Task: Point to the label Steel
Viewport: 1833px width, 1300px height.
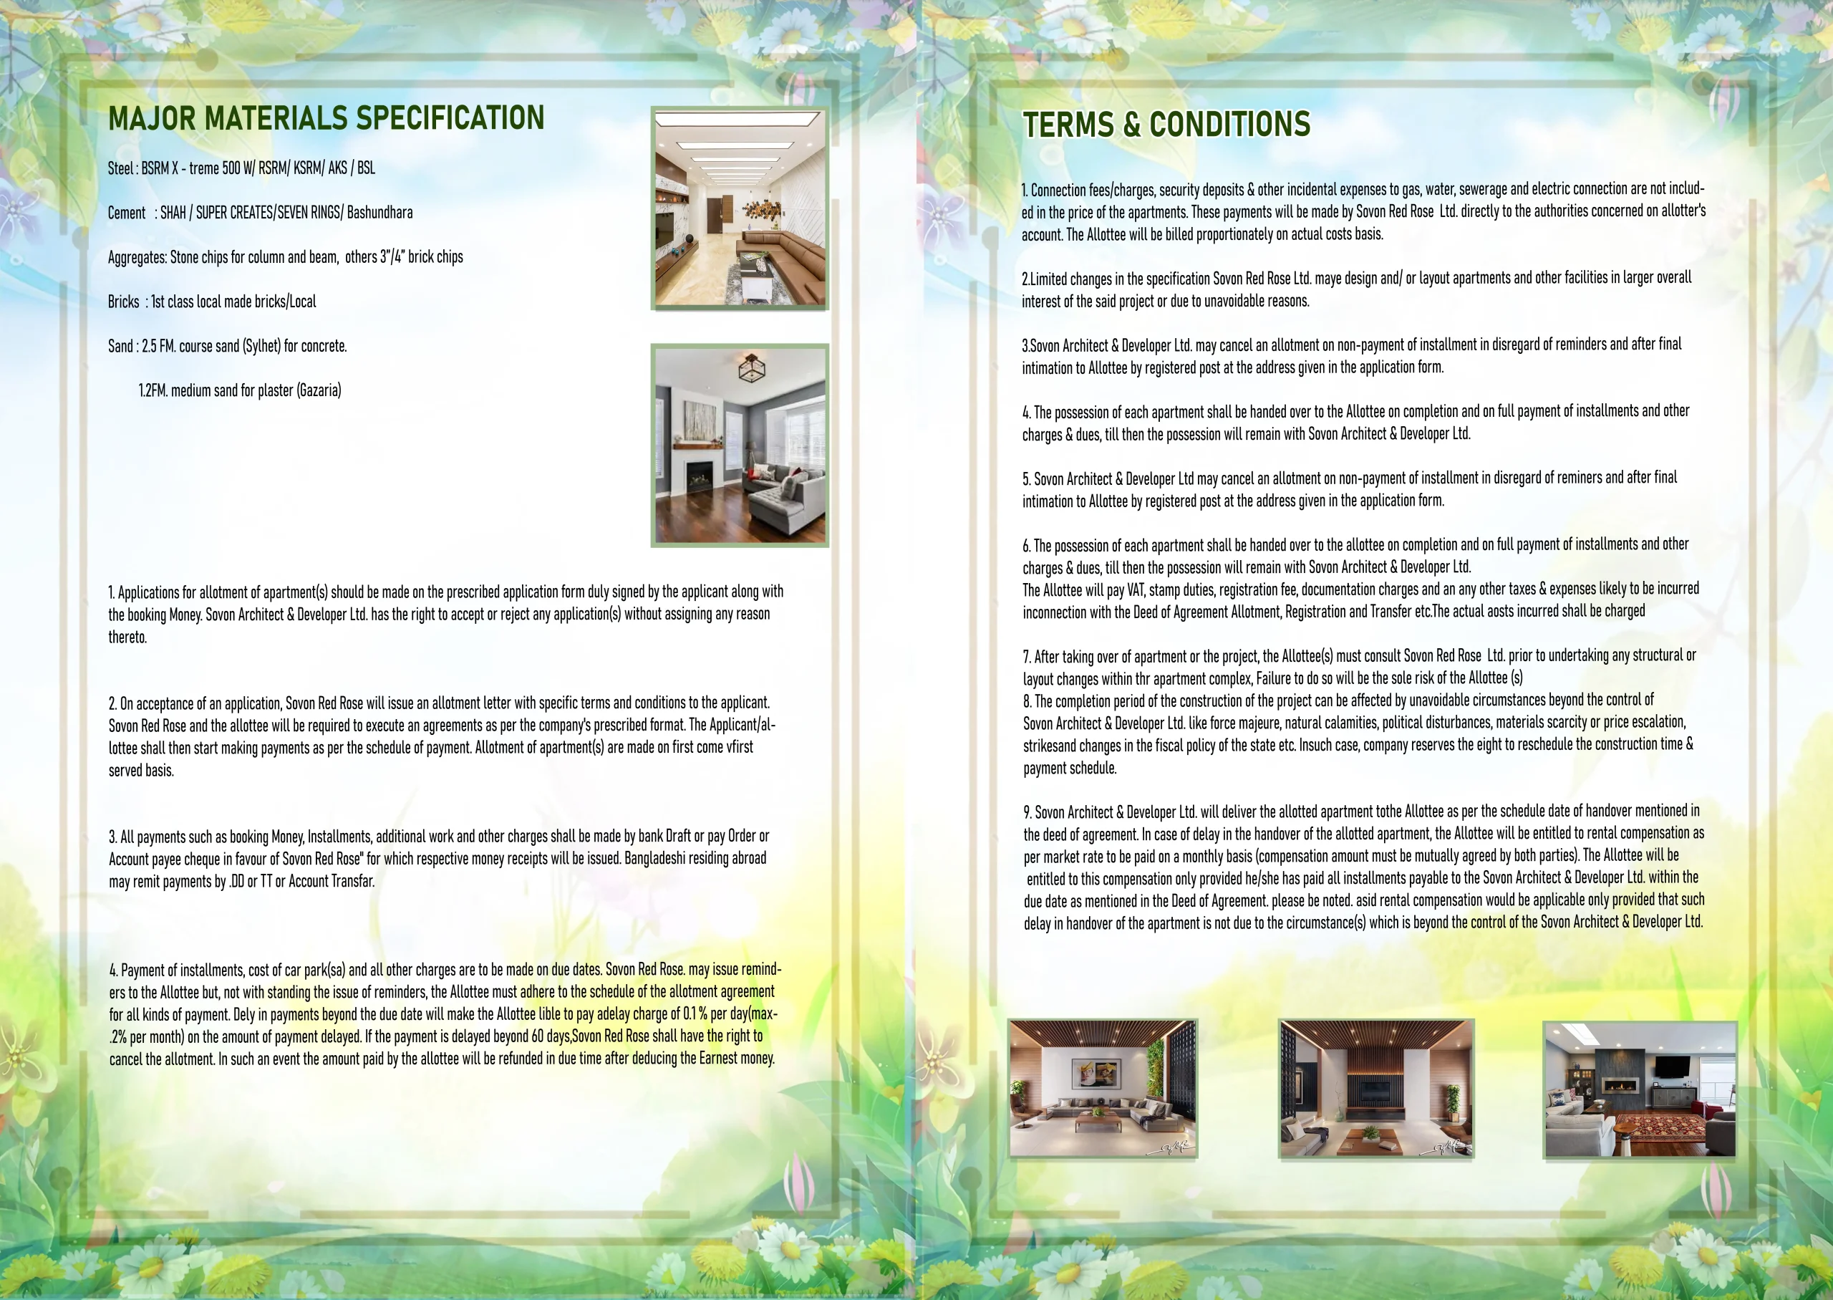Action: [120, 168]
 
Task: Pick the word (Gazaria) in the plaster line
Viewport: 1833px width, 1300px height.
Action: [319, 390]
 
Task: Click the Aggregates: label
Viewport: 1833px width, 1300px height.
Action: [137, 257]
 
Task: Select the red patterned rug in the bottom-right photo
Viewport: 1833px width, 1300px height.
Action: [1663, 1127]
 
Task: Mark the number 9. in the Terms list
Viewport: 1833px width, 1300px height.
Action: [1028, 812]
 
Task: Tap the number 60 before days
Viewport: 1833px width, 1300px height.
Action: [538, 1036]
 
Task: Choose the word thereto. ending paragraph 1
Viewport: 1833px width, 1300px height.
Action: [128, 637]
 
